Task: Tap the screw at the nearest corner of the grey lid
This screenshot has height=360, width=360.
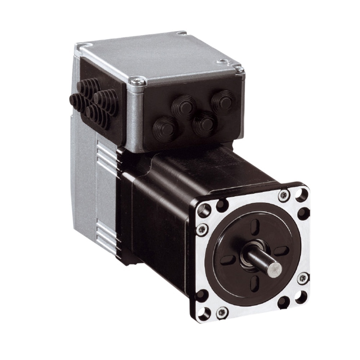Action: tap(138, 81)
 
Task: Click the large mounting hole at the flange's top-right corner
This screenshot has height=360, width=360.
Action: tap(302, 195)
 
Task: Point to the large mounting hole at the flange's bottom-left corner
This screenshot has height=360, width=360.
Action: tap(204, 314)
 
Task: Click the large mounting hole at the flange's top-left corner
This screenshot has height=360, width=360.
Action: tap(204, 210)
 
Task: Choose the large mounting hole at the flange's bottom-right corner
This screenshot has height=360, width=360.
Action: tap(301, 297)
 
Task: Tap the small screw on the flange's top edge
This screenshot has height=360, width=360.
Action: tap(284, 195)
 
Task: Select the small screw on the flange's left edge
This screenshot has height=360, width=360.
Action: tap(202, 229)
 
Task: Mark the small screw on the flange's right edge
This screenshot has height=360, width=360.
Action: tap(303, 278)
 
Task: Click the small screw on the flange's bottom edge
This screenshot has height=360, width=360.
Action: tap(222, 312)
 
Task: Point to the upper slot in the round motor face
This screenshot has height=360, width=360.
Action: tap(255, 227)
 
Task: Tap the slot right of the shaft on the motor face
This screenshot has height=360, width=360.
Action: tap(281, 251)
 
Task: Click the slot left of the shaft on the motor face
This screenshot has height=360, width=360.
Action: tap(228, 260)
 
